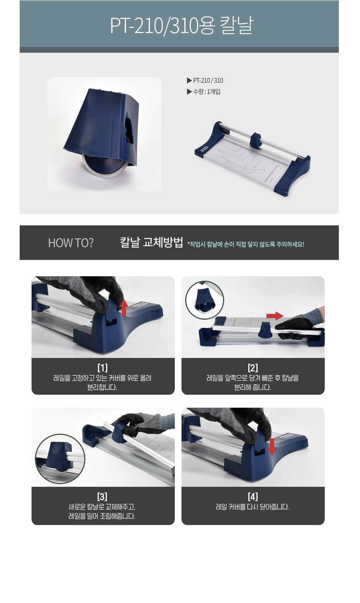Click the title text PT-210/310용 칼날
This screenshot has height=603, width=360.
[x=181, y=25]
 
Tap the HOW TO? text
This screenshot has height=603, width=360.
[x=71, y=243]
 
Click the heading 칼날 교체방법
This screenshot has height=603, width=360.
[x=151, y=242]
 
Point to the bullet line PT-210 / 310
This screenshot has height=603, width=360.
[x=205, y=81]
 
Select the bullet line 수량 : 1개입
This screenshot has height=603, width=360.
[x=204, y=92]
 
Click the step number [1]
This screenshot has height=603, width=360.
[x=102, y=368]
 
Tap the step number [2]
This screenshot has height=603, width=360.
[x=253, y=368]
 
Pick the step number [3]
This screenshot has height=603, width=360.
[x=102, y=496]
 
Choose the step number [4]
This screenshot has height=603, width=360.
[x=253, y=496]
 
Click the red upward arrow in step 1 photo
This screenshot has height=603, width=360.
[x=124, y=307]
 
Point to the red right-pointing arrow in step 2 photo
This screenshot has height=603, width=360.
[x=275, y=316]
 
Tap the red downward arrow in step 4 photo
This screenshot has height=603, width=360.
[x=272, y=447]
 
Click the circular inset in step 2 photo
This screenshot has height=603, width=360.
[x=204, y=300]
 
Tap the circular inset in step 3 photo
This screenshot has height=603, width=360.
[x=60, y=459]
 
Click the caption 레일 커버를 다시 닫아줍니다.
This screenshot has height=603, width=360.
[x=253, y=507]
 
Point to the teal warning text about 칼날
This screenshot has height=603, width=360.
[x=246, y=244]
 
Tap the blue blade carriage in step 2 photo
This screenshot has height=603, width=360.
[x=265, y=329]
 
